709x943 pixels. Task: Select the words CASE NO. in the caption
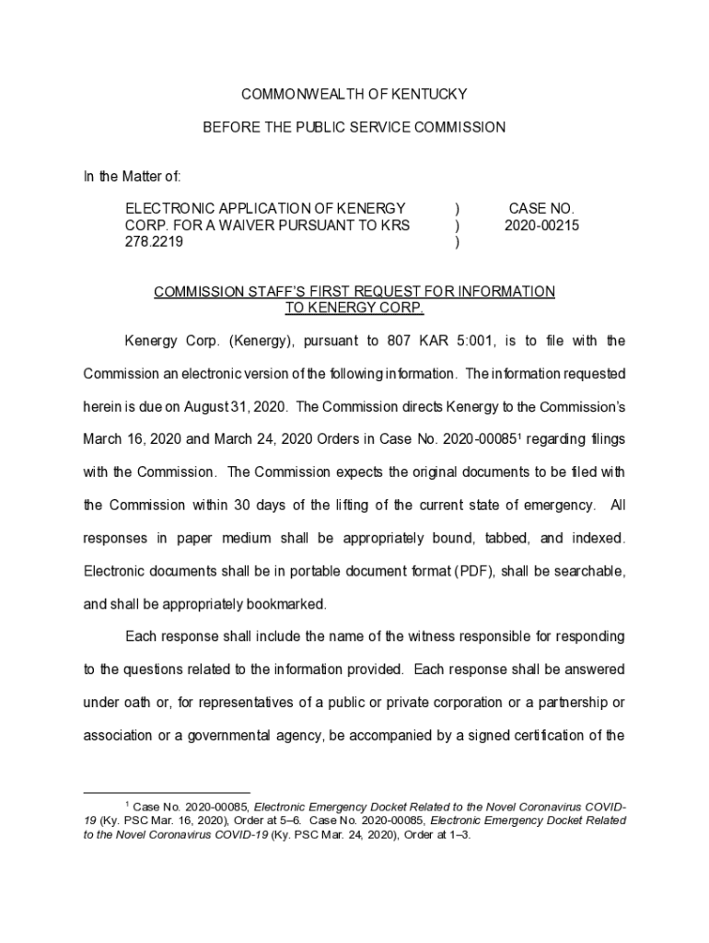coord(541,209)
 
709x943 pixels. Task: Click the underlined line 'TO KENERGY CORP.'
coord(354,308)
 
